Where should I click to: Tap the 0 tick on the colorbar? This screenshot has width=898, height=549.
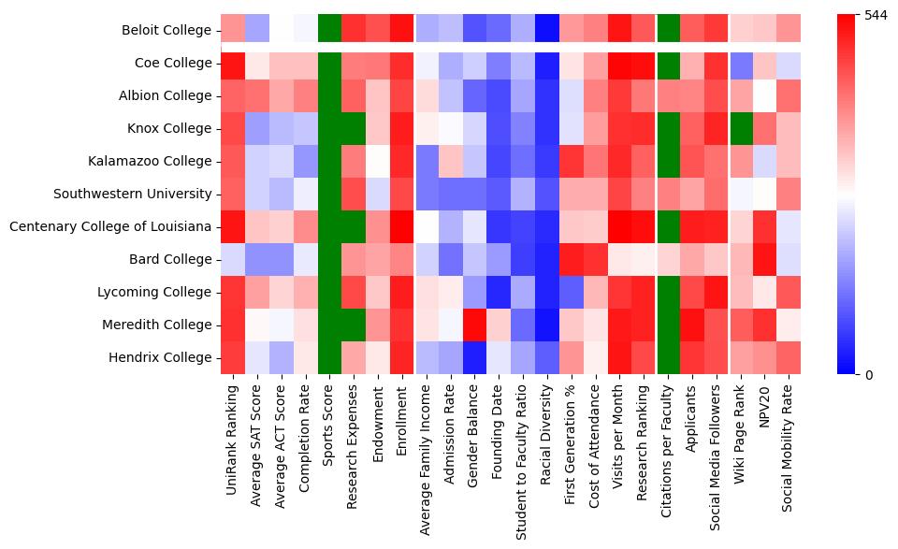tap(869, 375)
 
